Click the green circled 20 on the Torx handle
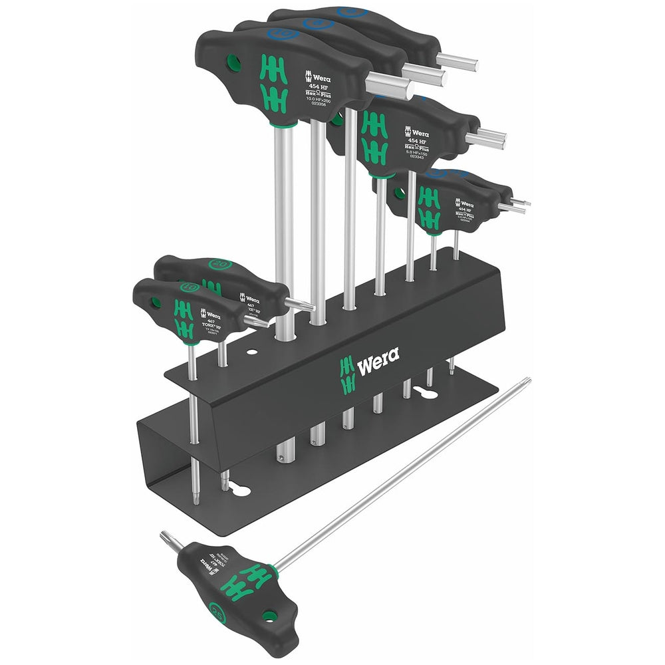(221, 265)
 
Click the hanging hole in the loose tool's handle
(269, 616)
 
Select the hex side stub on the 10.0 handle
(389, 84)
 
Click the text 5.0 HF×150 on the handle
(426, 151)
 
